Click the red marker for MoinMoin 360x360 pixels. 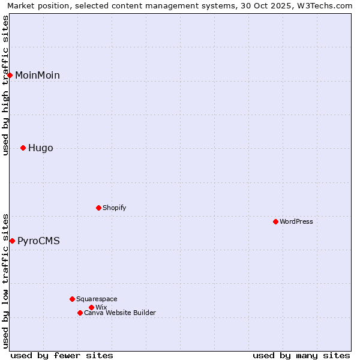pyautogui.click(x=10, y=75)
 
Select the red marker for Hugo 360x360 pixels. pyautogui.click(x=23, y=148)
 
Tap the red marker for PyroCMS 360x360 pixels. pyautogui.click(x=12, y=241)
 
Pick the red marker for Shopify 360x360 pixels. pyautogui.click(x=98, y=208)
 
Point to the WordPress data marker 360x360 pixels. pyautogui.click(x=275, y=221)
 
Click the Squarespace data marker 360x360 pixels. pyautogui.click(x=72, y=299)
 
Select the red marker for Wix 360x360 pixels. pyautogui.click(x=91, y=307)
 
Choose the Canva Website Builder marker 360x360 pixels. pyautogui.click(x=80, y=313)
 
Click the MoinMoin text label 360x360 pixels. pyautogui.click(x=37, y=75)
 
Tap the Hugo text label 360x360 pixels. pyautogui.click(x=41, y=148)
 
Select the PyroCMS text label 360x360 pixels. pyautogui.click(x=38, y=241)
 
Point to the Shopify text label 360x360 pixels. pyautogui.click(x=114, y=208)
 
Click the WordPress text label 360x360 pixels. pyautogui.click(x=296, y=221)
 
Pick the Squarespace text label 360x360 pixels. pyautogui.click(x=97, y=299)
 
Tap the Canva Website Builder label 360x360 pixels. pyautogui.click(x=120, y=313)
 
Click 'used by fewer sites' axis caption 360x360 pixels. pyautogui.click(x=62, y=355)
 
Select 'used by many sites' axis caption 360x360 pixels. pyautogui.click(x=301, y=355)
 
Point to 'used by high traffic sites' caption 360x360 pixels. pyautogui.click(x=5, y=85)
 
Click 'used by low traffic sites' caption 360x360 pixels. pyautogui.click(x=5, y=280)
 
